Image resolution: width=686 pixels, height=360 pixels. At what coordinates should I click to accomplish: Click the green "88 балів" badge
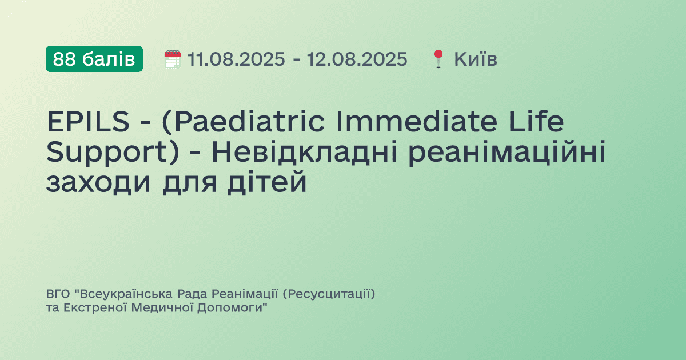tap(94, 59)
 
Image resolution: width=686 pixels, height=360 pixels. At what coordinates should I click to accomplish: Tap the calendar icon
tap(172, 59)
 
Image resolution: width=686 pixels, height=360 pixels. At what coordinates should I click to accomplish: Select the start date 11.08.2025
tap(236, 59)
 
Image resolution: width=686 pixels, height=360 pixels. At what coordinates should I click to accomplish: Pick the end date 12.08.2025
tap(357, 59)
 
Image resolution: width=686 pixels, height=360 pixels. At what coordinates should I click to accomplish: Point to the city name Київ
tap(476, 59)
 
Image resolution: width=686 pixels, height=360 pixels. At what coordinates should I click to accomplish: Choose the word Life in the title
tap(537, 122)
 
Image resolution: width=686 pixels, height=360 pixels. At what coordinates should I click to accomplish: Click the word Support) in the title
tap(108, 153)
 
